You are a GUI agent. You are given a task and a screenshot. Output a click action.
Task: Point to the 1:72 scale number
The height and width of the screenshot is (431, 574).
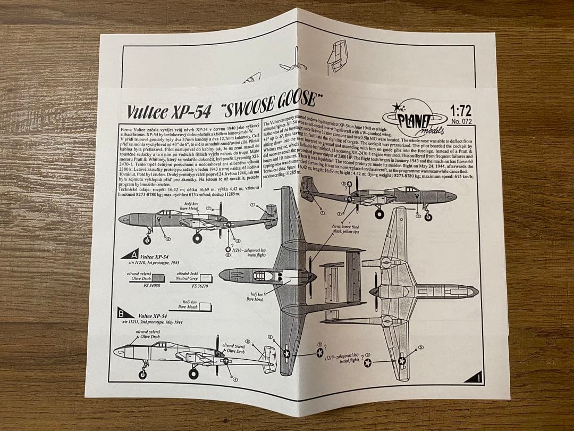coord(460,111)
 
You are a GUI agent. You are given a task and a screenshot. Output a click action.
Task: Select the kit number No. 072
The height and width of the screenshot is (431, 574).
coord(460,121)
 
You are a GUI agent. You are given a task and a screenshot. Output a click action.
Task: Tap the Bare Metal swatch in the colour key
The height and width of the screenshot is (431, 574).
coord(205,307)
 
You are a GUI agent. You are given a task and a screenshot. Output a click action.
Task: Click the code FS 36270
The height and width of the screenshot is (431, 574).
coord(200,286)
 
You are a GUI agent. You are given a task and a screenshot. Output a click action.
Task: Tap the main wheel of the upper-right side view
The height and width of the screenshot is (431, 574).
coord(379,214)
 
